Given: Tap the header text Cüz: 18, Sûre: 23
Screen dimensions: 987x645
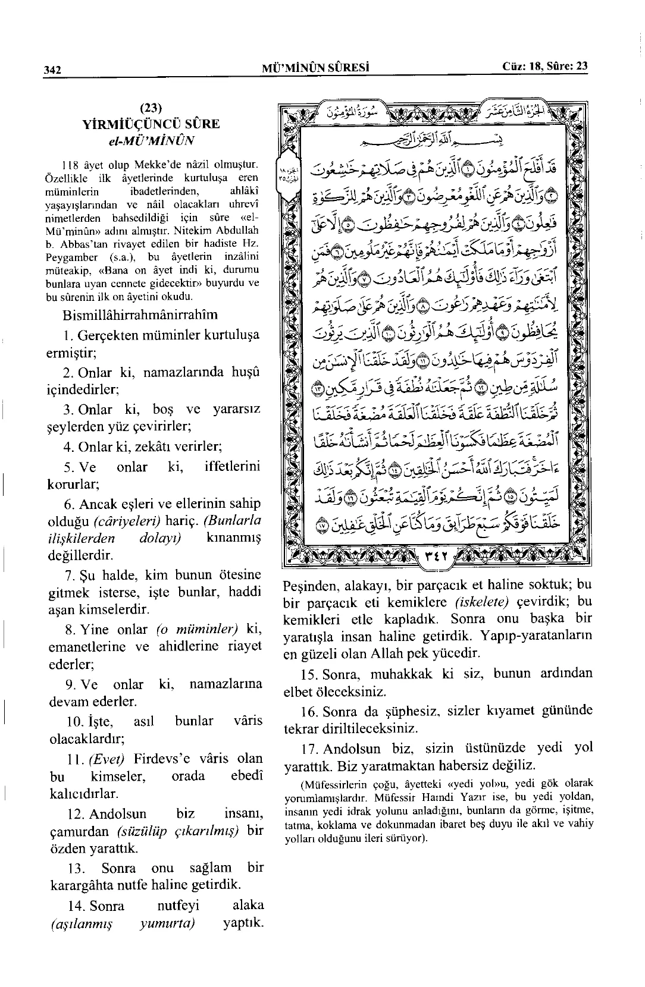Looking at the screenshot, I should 545,67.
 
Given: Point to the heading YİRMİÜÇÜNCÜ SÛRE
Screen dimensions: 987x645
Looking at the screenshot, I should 151,124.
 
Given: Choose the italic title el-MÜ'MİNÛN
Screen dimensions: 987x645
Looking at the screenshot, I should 151,141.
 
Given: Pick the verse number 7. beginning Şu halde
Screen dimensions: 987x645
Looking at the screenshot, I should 70,575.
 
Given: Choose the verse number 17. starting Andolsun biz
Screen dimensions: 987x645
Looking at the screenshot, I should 312,747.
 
